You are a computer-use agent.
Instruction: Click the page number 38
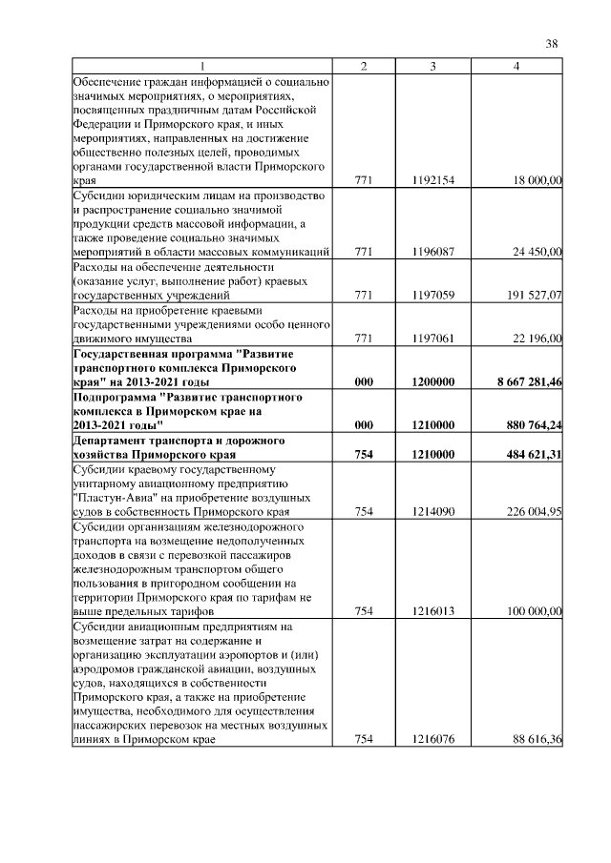551,43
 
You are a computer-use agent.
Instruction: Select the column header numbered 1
201,65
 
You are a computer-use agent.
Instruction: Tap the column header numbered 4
516,65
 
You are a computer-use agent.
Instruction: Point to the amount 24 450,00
535,252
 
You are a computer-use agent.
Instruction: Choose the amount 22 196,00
535,339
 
